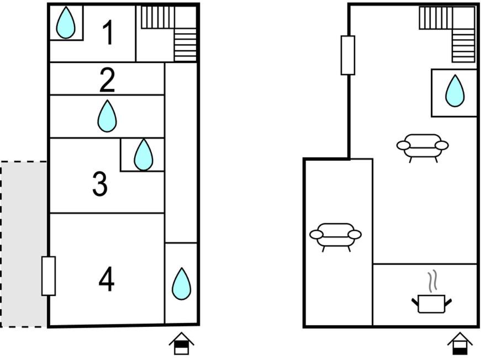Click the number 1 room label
[x=109, y=33]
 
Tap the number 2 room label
[x=107, y=80]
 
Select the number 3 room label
[x=100, y=184]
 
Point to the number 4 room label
[x=107, y=279]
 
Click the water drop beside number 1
[x=66, y=23]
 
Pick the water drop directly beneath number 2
[x=107, y=116]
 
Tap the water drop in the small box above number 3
[x=143, y=155]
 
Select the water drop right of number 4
[x=181, y=284]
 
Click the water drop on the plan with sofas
[x=455, y=91]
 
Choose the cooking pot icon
[x=432, y=304]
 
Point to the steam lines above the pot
[x=432, y=280]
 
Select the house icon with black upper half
[x=181, y=343]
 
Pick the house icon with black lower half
[x=459, y=344]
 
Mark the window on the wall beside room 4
[x=49, y=276]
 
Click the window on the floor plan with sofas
[x=348, y=55]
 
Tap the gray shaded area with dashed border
[x=24, y=244]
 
